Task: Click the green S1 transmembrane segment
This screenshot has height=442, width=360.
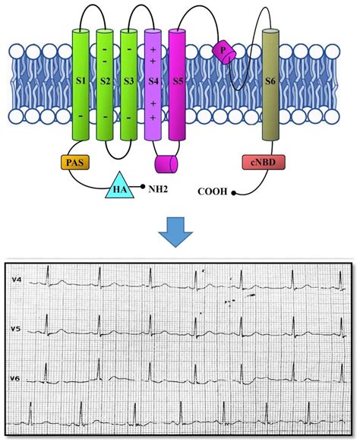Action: (81, 85)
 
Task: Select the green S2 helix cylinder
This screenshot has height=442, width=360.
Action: (105, 85)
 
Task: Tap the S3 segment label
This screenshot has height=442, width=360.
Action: (129, 81)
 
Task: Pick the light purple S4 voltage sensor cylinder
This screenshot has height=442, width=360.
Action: (153, 85)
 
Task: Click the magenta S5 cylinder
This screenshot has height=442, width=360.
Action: (177, 85)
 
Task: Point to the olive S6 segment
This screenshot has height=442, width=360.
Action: (270, 85)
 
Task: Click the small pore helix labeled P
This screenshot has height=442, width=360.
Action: (224, 52)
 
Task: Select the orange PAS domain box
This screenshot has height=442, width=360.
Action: (75, 162)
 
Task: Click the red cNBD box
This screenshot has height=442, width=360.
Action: (264, 162)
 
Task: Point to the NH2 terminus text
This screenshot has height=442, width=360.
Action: (158, 188)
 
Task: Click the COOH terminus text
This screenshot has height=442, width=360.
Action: (213, 191)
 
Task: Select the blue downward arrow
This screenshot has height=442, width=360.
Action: (175, 232)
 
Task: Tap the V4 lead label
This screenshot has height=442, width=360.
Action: (16, 279)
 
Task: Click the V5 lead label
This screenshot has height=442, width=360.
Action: (16, 328)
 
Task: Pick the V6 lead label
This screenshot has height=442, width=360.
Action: (15, 378)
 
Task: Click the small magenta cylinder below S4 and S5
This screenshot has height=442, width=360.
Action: (166, 164)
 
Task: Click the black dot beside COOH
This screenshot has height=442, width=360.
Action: (233, 193)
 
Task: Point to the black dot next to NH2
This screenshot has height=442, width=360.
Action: (143, 186)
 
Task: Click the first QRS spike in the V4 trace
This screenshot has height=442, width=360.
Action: (48, 276)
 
